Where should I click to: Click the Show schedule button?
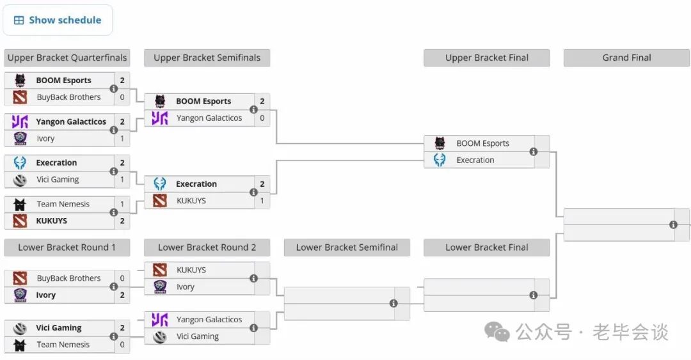[58, 20]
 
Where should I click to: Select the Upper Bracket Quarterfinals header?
[67, 58]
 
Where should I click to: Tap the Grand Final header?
[626, 58]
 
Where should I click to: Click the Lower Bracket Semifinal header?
[347, 247]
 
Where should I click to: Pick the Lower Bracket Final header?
[486, 247]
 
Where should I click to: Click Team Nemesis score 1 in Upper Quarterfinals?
[122, 204]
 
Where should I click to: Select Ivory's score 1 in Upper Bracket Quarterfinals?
[122, 138]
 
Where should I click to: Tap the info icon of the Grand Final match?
[673, 224]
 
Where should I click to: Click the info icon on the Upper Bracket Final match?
[533, 152]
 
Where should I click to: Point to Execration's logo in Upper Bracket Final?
[440, 160]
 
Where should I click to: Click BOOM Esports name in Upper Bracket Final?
[482, 143]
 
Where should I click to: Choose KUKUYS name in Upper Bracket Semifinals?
[191, 201]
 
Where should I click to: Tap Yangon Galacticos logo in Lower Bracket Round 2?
[159, 320]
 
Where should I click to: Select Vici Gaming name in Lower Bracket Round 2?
[198, 336]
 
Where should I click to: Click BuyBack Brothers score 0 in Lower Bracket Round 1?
[122, 278]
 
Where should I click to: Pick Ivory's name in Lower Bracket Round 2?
[185, 287]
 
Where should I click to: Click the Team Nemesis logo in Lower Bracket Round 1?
[20, 345]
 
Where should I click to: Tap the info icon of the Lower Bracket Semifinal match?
[393, 304]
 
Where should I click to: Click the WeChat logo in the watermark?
[497, 332]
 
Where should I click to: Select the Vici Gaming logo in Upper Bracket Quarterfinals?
[20, 180]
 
